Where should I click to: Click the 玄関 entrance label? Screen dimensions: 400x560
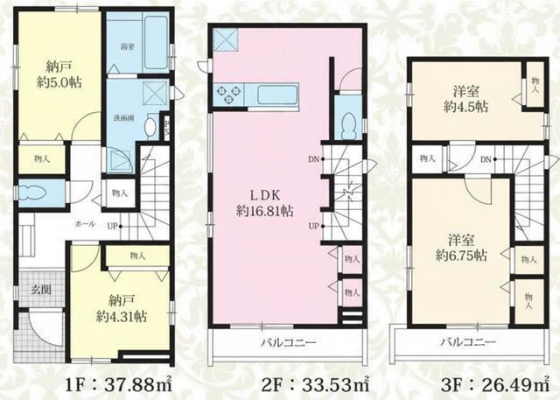coord(31,290)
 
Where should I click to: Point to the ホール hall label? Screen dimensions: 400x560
coord(85,225)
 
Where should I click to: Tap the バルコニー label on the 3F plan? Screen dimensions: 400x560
coord(467,343)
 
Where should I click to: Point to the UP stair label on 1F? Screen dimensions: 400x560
coord(114,226)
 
